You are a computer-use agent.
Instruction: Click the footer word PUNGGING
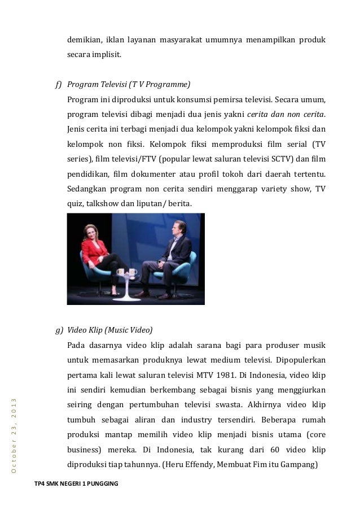coord(96,483)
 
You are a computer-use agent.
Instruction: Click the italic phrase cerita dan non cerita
coord(289,115)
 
